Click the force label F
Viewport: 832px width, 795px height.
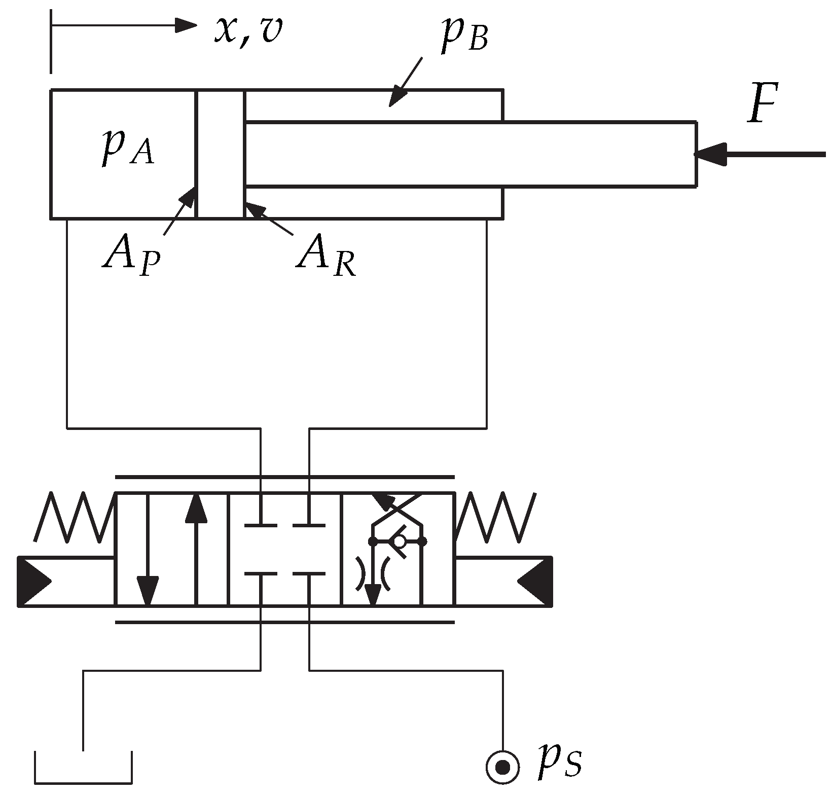pyautogui.click(x=762, y=104)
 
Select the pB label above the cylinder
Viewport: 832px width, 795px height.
pyautogui.click(x=463, y=39)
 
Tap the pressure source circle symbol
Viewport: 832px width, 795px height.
pyautogui.click(x=502, y=768)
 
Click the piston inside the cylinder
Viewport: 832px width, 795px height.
pyautogui.click(x=220, y=154)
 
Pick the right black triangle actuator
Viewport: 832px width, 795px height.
pyautogui.click(x=536, y=581)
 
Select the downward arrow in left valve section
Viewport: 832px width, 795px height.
pyautogui.click(x=148, y=591)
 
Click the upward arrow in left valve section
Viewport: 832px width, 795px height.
pyautogui.click(x=196, y=509)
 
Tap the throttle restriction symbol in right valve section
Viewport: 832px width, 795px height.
pyautogui.click(x=373, y=573)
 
